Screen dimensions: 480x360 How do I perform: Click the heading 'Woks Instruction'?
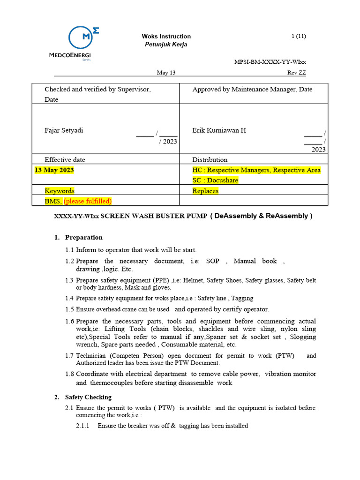166,37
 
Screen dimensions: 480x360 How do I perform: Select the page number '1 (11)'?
299,37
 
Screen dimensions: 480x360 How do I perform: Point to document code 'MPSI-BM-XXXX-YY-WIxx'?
270,62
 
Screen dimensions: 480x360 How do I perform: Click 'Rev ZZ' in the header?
296,73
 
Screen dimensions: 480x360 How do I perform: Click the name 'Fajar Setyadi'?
64,130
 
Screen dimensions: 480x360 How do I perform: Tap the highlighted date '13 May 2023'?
54,170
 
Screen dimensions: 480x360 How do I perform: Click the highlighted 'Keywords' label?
60,191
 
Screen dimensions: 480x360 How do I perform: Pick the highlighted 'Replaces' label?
205,191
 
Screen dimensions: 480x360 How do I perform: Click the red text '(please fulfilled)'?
88,201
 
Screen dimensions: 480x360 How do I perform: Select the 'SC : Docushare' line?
215,180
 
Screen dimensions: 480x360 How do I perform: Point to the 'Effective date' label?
65,159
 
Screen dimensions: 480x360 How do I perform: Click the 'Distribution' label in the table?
210,159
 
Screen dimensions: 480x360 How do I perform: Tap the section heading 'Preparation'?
83,237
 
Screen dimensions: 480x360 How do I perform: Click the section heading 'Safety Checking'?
88,397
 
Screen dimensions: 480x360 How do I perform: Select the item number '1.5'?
70,309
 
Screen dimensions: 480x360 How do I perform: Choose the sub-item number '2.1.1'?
82,426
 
